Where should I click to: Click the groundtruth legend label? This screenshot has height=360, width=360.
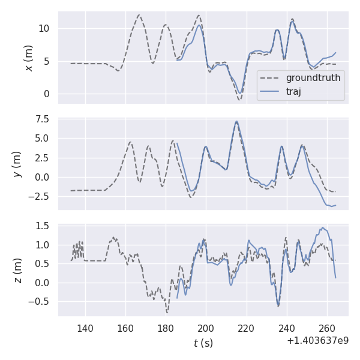[313, 78]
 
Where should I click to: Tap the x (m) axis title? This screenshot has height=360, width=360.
[28, 58]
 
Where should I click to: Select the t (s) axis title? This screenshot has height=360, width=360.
[203, 343]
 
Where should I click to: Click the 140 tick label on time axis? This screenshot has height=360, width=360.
[85, 328]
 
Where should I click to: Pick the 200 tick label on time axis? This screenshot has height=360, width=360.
[206, 328]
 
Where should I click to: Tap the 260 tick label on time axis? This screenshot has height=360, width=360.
[327, 328]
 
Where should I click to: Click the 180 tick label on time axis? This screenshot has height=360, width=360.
[166, 328]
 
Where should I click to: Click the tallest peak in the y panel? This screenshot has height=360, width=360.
[237, 122]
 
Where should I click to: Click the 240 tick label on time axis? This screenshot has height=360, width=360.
[287, 328]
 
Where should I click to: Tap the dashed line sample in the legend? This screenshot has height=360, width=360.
[271, 78]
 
